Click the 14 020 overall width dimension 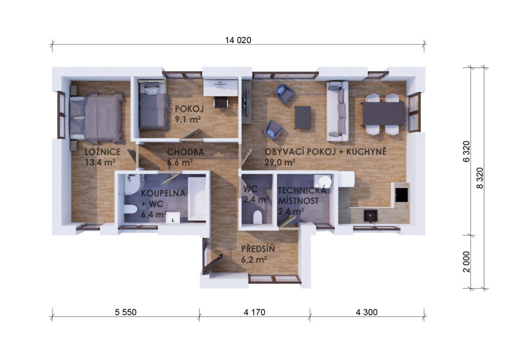tap(238, 40)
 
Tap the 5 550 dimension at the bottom tap(125, 312)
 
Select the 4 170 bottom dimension tap(254, 312)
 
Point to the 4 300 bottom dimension tap(366, 312)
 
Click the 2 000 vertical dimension tap(466, 262)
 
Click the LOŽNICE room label tap(102, 152)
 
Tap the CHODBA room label tap(186, 152)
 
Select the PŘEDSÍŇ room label tap(258, 249)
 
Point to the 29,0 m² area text tap(280, 162)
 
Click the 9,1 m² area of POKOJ tap(188, 119)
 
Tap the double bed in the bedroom tap(97, 118)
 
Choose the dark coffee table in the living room tap(303, 117)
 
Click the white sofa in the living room tap(337, 111)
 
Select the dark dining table tap(383, 113)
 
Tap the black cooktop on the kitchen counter tap(402, 195)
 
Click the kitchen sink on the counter tap(370, 216)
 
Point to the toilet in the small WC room tap(258, 217)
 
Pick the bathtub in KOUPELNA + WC tap(197, 198)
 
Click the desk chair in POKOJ tap(221, 103)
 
